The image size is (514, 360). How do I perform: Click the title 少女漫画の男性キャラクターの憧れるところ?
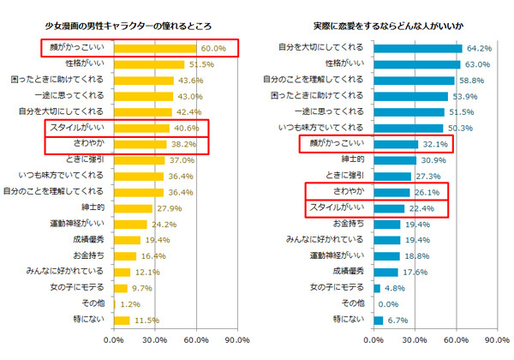click(x=128, y=27)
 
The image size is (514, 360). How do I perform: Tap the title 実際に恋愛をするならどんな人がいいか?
click(x=388, y=27)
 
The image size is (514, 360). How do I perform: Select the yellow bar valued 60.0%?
click(x=155, y=49)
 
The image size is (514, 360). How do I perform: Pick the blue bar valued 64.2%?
click(x=418, y=49)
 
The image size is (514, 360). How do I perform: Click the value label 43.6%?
click(x=191, y=81)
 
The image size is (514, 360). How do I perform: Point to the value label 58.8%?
click(x=471, y=81)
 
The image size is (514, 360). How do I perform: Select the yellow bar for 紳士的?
click(x=133, y=208)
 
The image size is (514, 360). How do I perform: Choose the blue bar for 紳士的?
click(x=395, y=160)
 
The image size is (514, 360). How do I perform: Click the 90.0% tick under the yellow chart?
click(x=237, y=340)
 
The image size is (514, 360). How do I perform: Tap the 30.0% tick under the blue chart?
click(x=415, y=340)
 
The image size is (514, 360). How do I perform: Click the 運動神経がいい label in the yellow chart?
click(x=77, y=224)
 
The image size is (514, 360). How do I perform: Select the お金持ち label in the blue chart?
click(x=349, y=224)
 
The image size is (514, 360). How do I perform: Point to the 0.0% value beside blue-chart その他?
click(x=388, y=304)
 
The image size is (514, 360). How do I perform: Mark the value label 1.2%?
click(x=130, y=304)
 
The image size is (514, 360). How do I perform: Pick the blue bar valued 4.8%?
click(x=377, y=289)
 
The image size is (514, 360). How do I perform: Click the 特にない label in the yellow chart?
click(x=89, y=319)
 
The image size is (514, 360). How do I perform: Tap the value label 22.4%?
click(x=421, y=208)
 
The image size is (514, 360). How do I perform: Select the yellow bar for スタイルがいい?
click(x=141, y=129)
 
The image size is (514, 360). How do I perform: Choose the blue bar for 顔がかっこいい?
click(x=396, y=145)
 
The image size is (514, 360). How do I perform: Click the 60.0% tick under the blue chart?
click(x=456, y=340)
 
